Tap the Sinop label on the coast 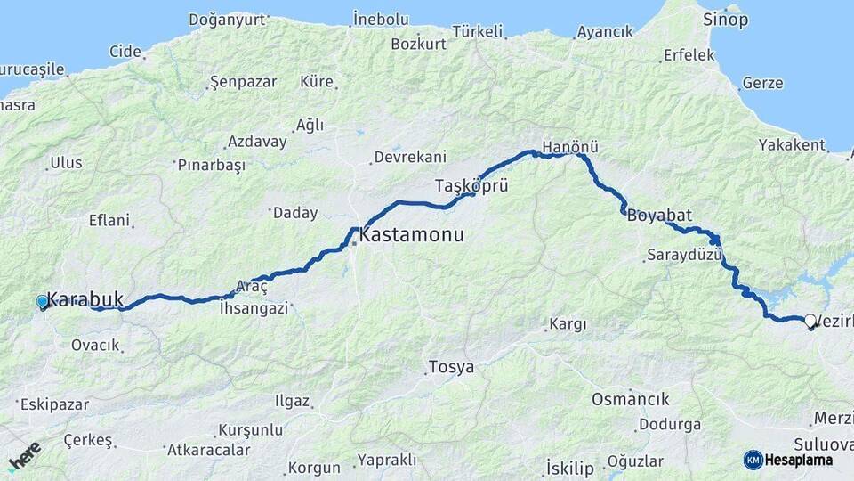[x=725, y=19]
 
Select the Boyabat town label [x=659, y=215]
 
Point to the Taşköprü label [x=471, y=186]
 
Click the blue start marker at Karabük [x=42, y=302]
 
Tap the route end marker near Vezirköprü [x=810, y=322]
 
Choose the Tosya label [x=451, y=367]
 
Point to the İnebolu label [x=380, y=19]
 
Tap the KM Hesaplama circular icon [x=753, y=460]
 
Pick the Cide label [x=125, y=51]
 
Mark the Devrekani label [x=410, y=157]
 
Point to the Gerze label [x=762, y=83]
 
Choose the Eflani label [x=109, y=220]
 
